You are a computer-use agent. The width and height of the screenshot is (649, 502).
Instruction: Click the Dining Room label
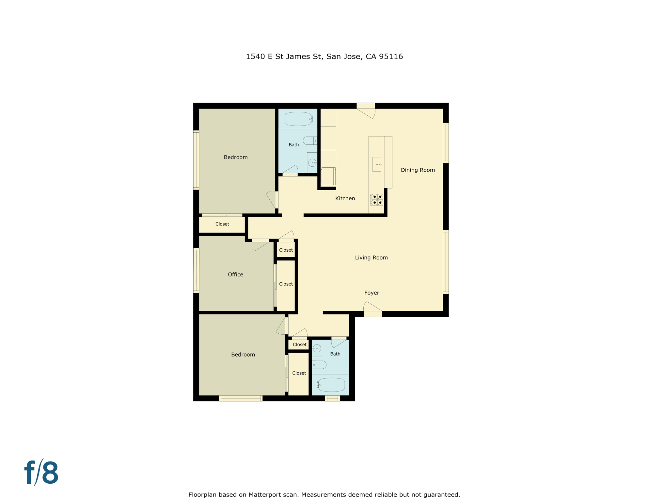[x=418, y=170]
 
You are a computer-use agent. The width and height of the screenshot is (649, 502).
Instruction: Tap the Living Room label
[x=371, y=258]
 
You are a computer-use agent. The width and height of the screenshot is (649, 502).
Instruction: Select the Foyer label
[x=372, y=293]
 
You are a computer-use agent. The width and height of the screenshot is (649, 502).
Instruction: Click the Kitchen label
[x=345, y=198]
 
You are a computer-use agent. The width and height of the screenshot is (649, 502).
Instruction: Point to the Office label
[x=235, y=275]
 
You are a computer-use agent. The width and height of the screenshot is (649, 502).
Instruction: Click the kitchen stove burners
[x=377, y=200]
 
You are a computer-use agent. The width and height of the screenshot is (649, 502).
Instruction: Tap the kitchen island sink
[x=377, y=164]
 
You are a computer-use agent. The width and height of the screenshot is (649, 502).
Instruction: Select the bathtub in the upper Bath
[x=298, y=119]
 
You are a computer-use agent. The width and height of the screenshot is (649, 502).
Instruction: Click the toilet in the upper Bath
[x=309, y=141]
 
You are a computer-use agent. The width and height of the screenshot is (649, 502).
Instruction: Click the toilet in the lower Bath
[x=319, y=365]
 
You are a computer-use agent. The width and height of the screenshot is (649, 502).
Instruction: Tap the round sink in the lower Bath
[x=317, y=348]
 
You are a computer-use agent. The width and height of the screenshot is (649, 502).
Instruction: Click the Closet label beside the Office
[x=286, y=284]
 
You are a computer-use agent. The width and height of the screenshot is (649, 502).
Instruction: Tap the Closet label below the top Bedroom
[x=222, y=224]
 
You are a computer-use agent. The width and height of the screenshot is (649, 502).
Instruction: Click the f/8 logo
[x=41, y=473]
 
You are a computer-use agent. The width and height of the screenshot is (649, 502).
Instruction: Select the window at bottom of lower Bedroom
[x=241, y=398]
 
